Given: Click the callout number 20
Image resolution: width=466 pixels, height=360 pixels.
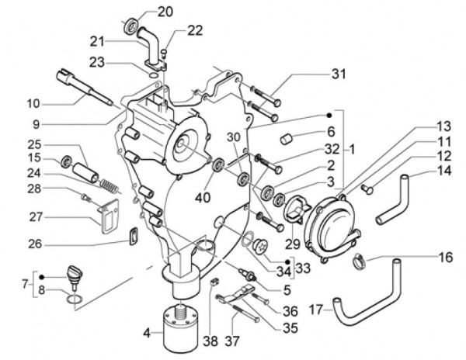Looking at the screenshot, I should pos(166,11).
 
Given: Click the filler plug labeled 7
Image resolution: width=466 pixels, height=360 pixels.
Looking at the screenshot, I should pos(75,272).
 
